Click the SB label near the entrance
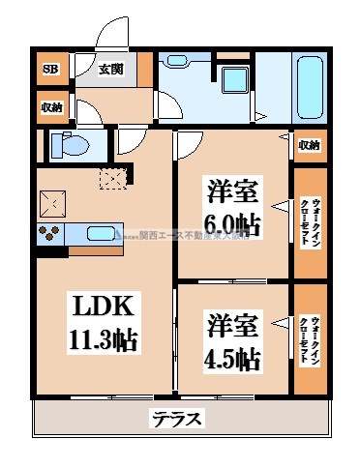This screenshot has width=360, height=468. coord(48,69)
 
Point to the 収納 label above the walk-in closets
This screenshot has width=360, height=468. coord(309,145)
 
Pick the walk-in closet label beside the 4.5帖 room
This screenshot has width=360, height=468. coord(310,339)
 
